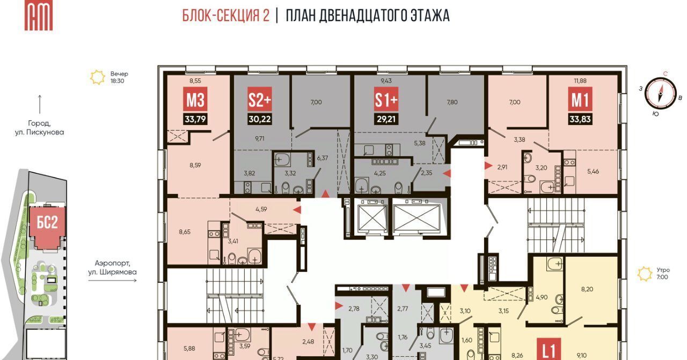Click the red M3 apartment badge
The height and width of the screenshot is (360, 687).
click(x=195, y=99)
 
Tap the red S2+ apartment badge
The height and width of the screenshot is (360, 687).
click(x=259, y=99)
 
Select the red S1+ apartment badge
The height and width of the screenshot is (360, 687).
click(x=386, y=99)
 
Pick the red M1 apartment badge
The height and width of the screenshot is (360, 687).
click(x=580, y=99)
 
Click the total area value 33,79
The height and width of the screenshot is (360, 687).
click(x=195, y=119)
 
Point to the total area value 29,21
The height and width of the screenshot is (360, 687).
click(x=386, y=119)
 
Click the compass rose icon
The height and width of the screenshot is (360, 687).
click(x=661, y=93)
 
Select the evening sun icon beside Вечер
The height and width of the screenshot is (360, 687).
click(x=98, y=77)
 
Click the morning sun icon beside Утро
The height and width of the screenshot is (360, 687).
click(x=645, y=274)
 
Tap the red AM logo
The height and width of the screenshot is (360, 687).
click(x=39, y=15)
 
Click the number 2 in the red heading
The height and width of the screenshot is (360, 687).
click(x=266, y=16)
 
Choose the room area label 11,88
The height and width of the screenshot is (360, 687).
click(x=580, y=81)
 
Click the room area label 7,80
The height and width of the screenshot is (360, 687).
click(x=452, y=102)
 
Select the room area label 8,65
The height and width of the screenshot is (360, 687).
click(x=185, y=232)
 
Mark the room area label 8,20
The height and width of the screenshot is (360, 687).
click(x=587, y=289)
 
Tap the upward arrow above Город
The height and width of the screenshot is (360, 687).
click(x=40, y=105)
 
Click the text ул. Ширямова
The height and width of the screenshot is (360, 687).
click(x=112, y=272)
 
